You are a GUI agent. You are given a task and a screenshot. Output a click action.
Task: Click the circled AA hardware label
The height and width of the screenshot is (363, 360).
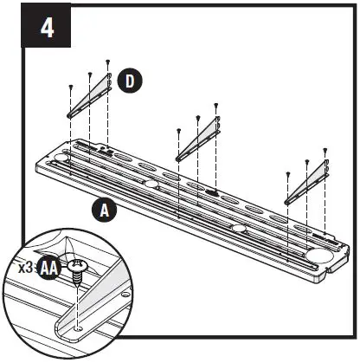[x=50, y=269]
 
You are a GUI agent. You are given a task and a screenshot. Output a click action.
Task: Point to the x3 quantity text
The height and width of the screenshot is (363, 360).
[x=26, y=269]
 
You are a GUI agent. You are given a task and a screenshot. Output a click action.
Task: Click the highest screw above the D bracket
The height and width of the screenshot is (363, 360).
[x=107, y=62]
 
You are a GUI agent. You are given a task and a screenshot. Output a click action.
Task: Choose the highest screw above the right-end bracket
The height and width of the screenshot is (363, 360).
[x=325, y=150]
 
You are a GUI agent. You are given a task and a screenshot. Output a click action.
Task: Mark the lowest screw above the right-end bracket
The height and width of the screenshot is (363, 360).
[x=287, y=173]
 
